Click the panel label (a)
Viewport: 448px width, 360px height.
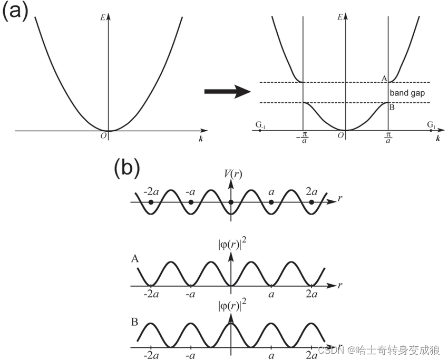[15, 12]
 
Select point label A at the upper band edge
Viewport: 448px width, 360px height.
[384, 78]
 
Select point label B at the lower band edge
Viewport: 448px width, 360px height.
[392, 108]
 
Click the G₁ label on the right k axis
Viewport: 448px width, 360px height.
[431, 125]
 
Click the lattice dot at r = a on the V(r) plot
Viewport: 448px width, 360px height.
[271, 202]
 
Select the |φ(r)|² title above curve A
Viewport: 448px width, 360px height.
[231, 246]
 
